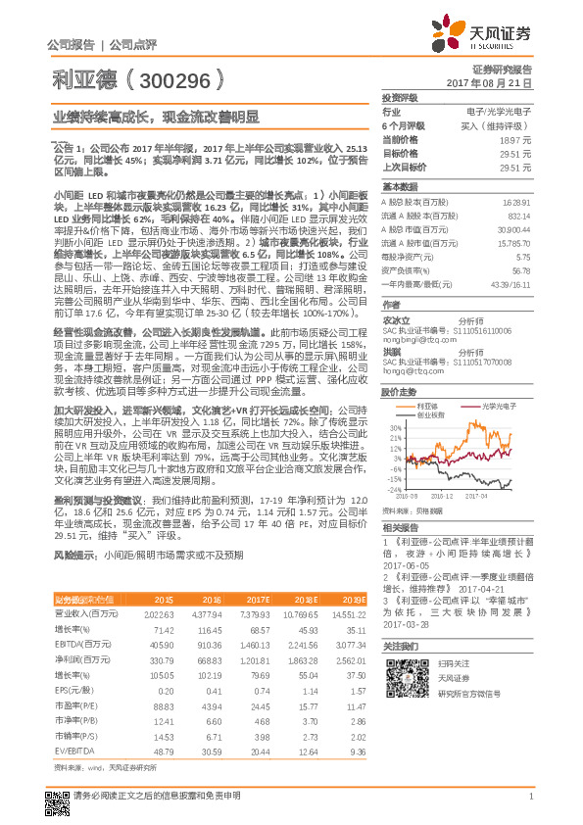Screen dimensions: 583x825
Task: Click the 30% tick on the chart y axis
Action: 393,427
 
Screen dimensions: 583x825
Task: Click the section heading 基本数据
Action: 400,186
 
